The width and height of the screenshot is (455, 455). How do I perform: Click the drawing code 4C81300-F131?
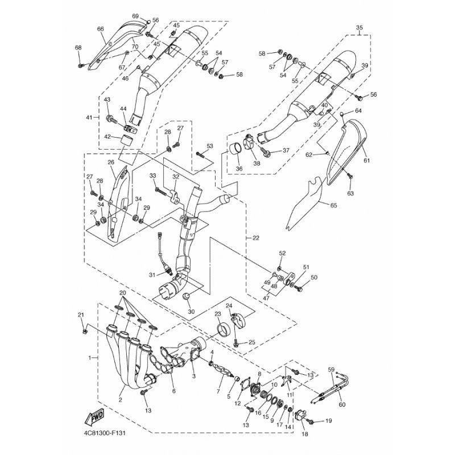[105, 433]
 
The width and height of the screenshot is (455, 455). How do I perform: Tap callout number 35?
[359, 28]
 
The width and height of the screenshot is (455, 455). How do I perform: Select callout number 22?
[255, 238]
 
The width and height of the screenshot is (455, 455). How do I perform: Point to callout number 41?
[90, 118]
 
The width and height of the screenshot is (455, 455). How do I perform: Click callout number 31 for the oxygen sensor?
[152, 275]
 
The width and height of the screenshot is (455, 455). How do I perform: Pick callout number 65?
[334, 205]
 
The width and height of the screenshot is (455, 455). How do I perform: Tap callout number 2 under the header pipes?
[120, 400]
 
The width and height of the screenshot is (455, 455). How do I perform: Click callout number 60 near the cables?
[342, 404]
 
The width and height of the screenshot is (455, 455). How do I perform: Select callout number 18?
[305, 434]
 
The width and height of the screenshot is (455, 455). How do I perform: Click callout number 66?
[101, 29]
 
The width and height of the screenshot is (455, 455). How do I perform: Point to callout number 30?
[191, 312]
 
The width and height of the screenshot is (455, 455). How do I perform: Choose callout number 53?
[209, 146]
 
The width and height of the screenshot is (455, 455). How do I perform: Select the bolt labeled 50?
[298, 288]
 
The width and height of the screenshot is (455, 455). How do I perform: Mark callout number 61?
[367, 160]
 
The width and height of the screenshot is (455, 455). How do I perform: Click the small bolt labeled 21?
[85, 331]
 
